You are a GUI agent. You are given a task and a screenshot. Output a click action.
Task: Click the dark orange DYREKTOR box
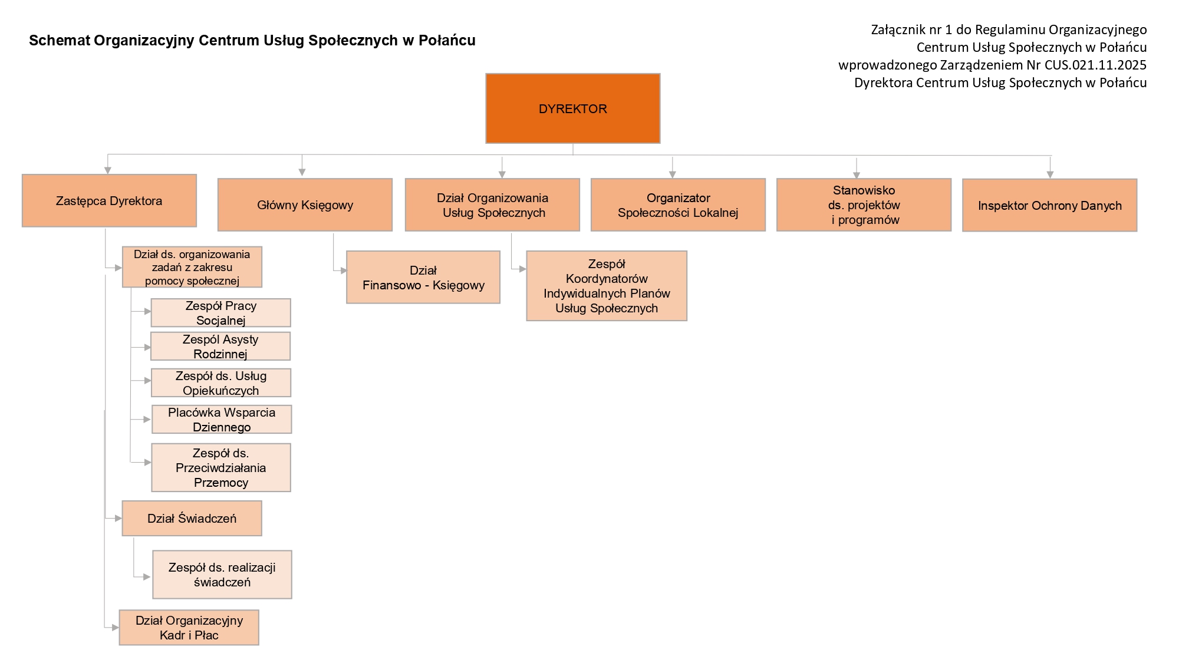572,108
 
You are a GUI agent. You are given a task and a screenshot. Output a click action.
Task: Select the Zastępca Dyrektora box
109,200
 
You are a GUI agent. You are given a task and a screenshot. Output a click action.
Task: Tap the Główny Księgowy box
305,204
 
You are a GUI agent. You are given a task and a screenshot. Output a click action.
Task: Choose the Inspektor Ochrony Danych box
1049,205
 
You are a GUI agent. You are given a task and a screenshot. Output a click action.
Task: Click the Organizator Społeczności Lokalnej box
678,204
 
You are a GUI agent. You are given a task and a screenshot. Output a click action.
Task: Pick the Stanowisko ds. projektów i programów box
864,204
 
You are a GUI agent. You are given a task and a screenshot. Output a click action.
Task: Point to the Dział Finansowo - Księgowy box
423,278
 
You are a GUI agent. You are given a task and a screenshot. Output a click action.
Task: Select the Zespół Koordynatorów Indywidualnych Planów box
607,286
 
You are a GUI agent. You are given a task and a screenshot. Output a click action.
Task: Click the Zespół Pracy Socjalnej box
220,312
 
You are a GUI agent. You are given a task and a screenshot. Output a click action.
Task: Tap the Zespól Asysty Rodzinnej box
220,346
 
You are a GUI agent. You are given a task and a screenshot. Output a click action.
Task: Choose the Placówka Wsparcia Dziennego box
221,419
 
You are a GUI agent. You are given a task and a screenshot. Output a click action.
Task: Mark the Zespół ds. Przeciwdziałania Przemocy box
221,467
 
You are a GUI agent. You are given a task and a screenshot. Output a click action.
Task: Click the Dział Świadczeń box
192,518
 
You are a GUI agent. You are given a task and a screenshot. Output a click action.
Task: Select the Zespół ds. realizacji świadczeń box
222,575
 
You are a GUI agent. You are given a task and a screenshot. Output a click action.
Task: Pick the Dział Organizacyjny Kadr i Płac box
189,627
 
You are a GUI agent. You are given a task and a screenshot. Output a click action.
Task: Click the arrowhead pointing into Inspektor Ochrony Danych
1050,174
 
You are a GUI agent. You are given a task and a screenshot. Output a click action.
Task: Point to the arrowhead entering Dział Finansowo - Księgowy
344,271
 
